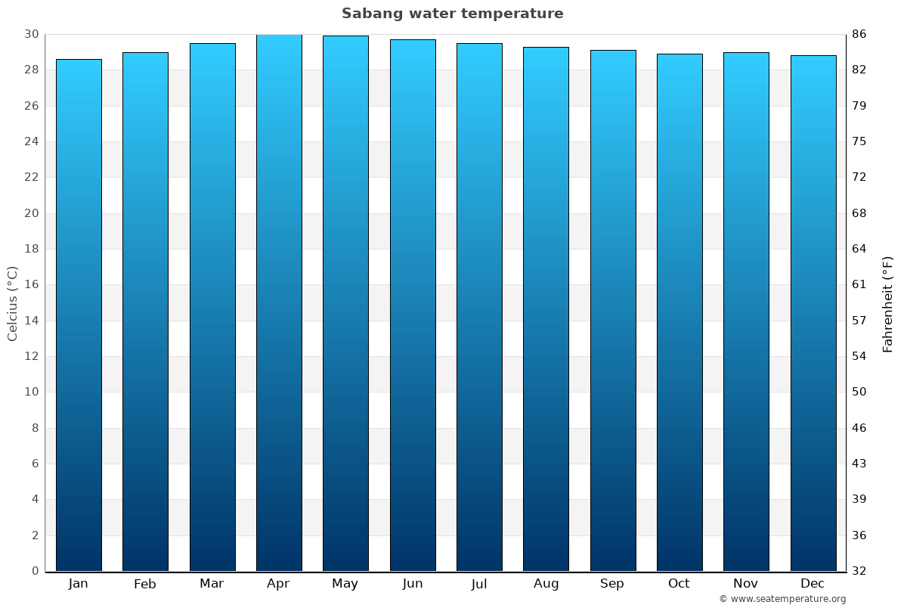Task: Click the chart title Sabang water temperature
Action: click(452, 14)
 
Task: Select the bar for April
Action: click(279, 302)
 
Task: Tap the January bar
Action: click(79, 315)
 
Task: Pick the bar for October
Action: click(679, 312)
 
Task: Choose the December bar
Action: click(813, 313)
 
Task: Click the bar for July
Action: click(479, 307)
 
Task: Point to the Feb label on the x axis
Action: click(144, 584)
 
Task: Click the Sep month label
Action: click(612, 584)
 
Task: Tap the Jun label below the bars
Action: click(413, 584)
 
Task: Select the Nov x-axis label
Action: click(746, 584)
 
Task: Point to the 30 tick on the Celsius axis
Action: click(31, 34)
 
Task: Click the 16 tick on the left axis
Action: click(31, 284)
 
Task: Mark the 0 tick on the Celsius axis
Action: click(35, 571)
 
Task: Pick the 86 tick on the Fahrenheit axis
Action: click(859, 34)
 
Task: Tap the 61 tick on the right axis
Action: click(859, 284)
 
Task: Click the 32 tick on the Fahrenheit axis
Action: click(859, 571)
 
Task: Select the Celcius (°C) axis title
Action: click(13, 303)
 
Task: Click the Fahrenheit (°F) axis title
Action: click(888, 303)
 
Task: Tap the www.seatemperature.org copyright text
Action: click(782, 599)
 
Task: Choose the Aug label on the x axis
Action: click(546, 584)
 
